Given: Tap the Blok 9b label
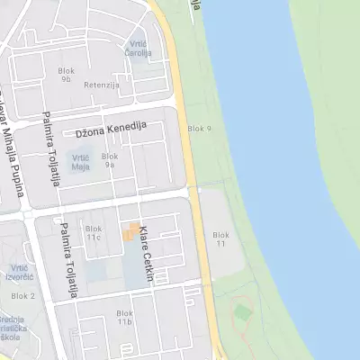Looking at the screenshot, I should click(x=66, y=75).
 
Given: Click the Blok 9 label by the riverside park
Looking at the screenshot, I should click(x=199, y=130).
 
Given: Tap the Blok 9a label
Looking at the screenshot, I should click(x=110, y=160).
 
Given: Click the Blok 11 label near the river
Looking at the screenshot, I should click(x=220, y=239).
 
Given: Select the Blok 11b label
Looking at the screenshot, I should click(x=124, y=318).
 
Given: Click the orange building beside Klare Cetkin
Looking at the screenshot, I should click(x=131, y=230).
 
